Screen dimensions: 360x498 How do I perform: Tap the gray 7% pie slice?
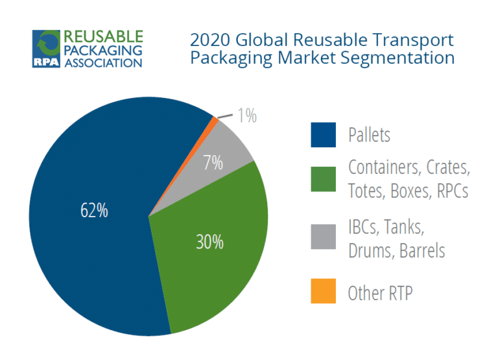click(224, 146)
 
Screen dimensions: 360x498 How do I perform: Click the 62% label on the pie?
click(95, 211)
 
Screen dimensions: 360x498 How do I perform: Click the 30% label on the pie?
click(209, 242)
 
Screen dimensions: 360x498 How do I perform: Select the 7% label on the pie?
click(212, 163)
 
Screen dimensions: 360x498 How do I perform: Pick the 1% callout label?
click(247, 117)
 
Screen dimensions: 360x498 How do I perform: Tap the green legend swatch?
click(323, 180)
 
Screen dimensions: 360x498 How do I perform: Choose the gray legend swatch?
click(323, 236)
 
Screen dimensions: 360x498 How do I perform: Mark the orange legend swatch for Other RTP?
click(323, 291)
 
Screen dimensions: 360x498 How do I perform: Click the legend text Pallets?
click(370, 136)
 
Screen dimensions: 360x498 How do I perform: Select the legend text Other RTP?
click(381, 293)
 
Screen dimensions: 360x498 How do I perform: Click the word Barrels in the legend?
click(421, 250)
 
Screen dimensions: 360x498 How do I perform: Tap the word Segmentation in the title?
click(400, 58)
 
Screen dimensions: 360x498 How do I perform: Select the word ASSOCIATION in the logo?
click(102, 64)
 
